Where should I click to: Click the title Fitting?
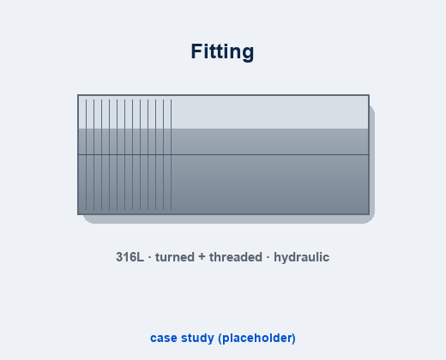click(222, 51)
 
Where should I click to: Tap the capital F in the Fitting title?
click(196, 51)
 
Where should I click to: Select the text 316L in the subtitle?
click(130, 257)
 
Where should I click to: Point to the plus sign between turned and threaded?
click(202, 257)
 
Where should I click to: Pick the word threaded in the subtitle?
click(236, 257)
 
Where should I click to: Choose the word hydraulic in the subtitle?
click(302, 257)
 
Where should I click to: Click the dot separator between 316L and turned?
click(149, 257)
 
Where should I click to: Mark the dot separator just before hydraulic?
click(268, 257)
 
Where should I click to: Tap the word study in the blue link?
click(197, 339)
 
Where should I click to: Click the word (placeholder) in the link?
click(256, 339)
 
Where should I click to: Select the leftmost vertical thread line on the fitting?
click(86, 154)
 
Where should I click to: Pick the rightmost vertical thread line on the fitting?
click(172, 154)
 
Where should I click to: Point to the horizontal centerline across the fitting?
click(223, 154)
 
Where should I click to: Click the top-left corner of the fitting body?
click(78, 95)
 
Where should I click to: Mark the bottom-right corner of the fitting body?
click(369, 214)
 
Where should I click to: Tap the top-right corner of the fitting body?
click(369, 95)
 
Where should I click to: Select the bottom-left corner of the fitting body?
click(78, 214)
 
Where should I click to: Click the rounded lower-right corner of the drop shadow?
click(371, 220)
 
